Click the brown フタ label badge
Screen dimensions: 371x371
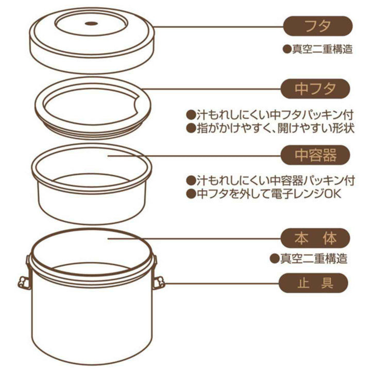318,25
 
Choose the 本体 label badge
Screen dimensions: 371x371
315,238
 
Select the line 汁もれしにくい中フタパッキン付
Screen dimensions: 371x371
270,114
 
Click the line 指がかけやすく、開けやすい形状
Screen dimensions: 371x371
270,128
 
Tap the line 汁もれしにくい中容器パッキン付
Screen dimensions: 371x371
270,181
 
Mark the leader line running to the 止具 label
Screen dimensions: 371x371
222,283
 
